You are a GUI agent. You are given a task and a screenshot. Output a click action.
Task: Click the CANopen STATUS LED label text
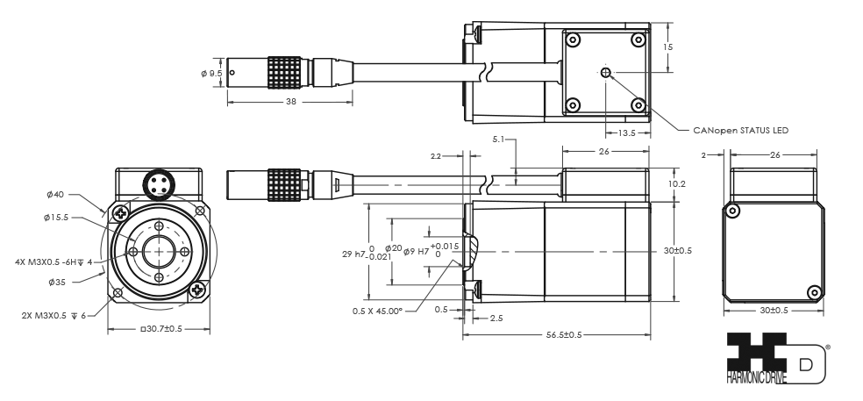point(736,129)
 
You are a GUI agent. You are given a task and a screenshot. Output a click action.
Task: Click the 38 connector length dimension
point(289,101)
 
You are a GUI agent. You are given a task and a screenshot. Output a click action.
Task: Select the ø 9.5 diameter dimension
point(210,73)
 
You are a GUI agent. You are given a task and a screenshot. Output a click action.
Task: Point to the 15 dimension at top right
point(669,47)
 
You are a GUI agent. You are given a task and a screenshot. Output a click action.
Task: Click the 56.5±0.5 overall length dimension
point(558,334)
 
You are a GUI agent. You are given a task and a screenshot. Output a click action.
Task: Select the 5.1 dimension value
point(500,139)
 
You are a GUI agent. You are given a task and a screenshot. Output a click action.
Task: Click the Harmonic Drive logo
point(764,356)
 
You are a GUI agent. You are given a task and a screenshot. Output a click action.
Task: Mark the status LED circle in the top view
point(604,74)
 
